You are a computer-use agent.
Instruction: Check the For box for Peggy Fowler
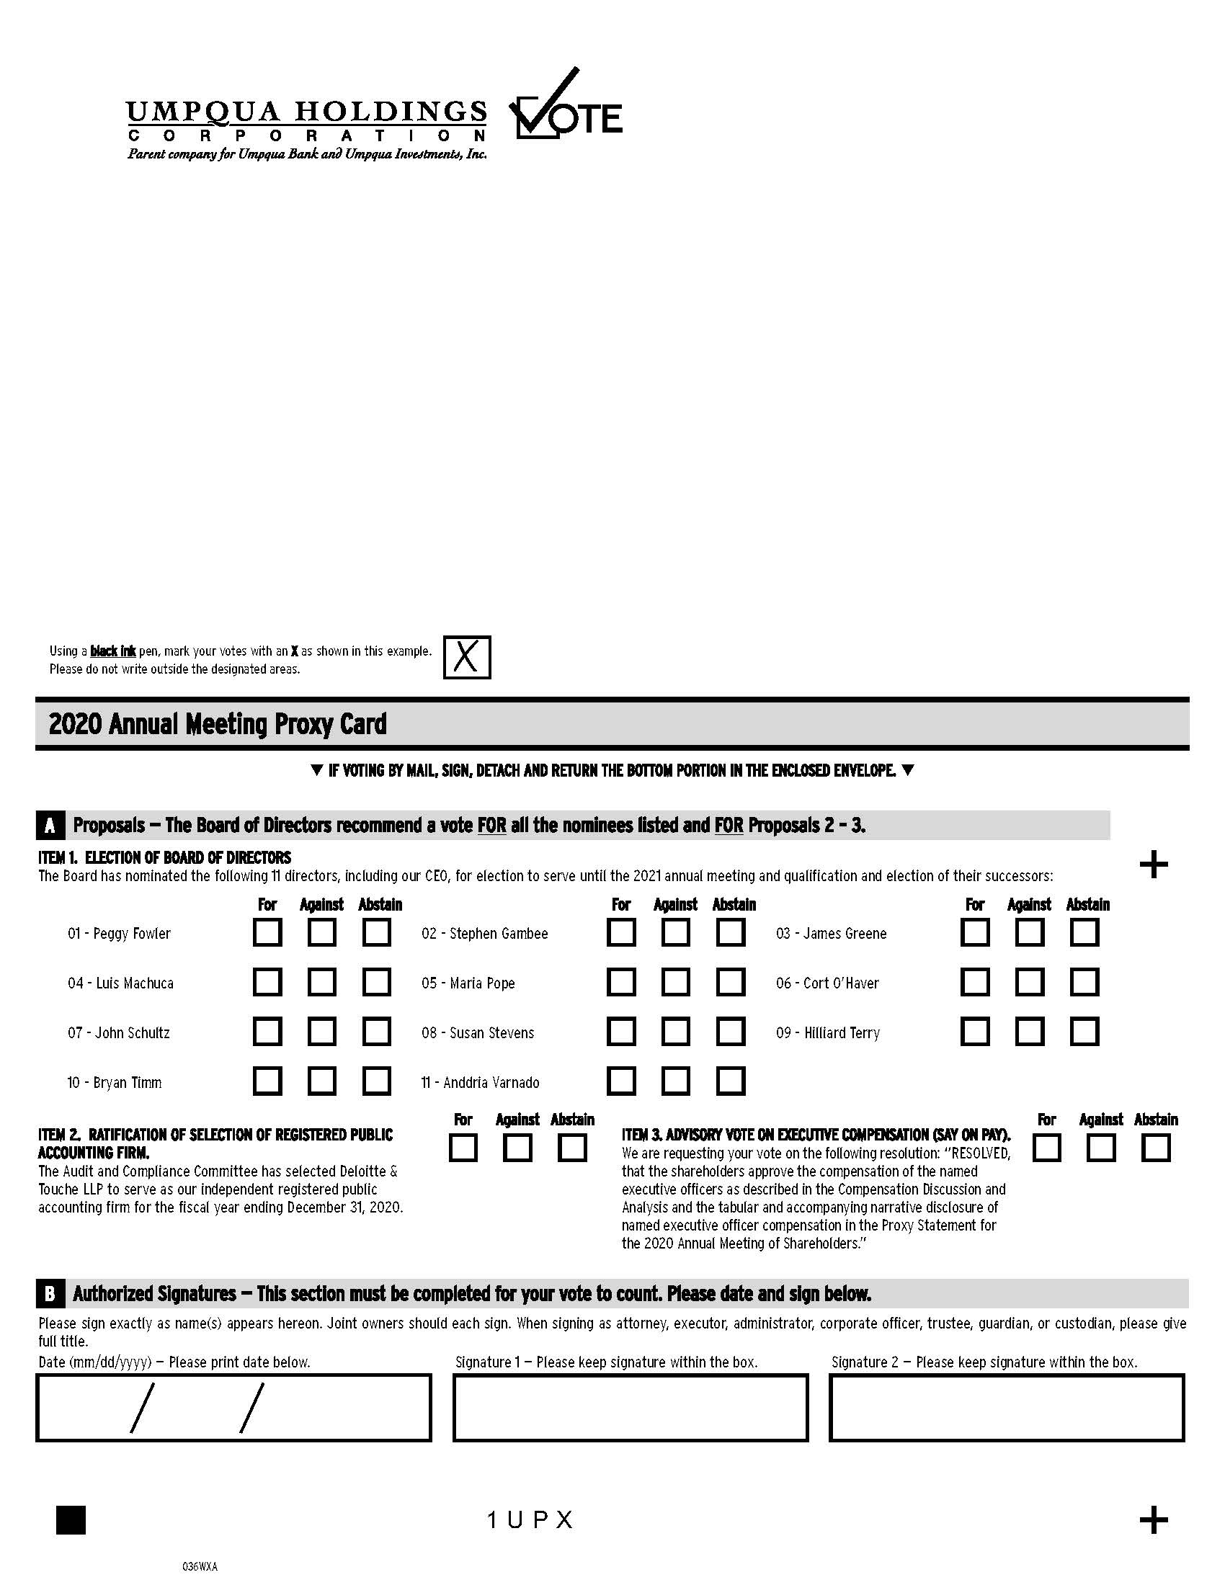tap(267, 932)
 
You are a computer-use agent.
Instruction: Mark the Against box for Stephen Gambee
tap(676, 932)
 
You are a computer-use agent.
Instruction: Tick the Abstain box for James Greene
tap(1084, 932)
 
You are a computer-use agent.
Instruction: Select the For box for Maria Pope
tap(621, 982)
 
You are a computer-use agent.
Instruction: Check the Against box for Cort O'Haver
tap(1030, 982)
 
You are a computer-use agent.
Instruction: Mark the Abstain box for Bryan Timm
tap(377, 1081)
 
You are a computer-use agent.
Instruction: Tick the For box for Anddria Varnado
tap(621, 1081)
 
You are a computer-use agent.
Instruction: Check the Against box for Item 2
tap(517, 1148)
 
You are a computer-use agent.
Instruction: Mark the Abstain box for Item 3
tap(1156, 1148)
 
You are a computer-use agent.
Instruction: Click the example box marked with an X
tap(467, 657)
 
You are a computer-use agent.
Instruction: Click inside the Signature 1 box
tap(630, 1407)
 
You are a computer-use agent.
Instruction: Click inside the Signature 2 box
tap(1006, 1407)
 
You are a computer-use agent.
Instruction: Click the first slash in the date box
tap(142, 1408)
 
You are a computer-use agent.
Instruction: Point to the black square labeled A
tap(50, 826)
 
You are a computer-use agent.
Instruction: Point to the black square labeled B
tap(50, 1294)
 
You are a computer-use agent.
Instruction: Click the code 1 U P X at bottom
tap(530, 1520)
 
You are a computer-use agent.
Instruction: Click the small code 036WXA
tap(200, 1566)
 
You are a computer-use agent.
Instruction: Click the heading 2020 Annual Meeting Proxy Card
tap(218, 724)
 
